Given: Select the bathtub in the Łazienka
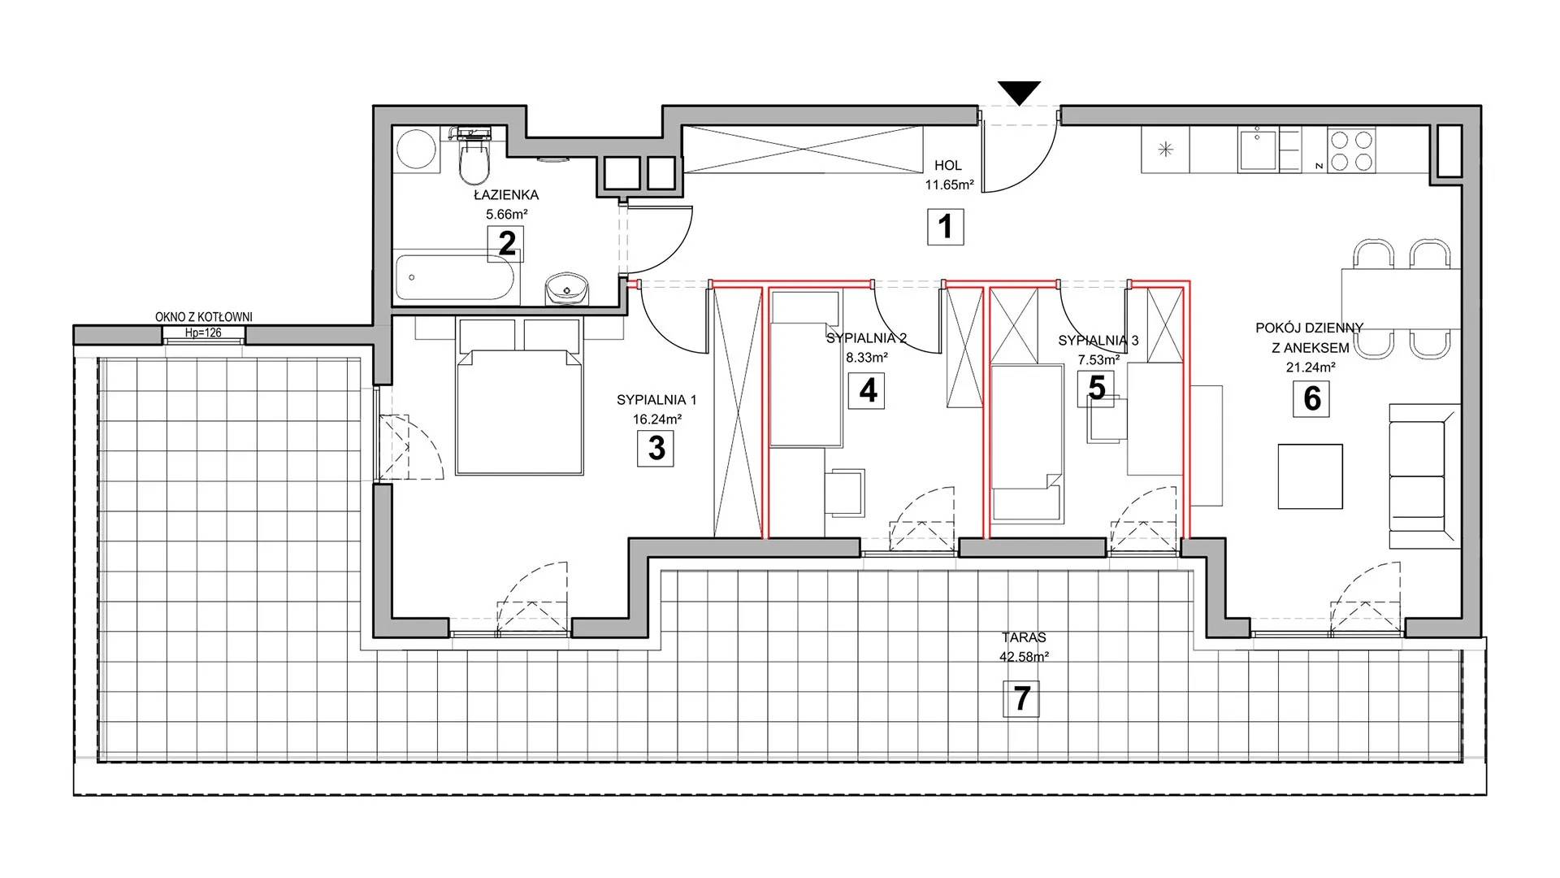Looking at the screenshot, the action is coord(455,279).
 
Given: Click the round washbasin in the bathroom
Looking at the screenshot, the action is coord(566,288).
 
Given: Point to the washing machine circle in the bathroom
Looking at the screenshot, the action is coord(418,149).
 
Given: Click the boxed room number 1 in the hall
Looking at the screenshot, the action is coord(945,227).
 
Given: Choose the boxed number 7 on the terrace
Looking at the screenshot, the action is coord(1021,699).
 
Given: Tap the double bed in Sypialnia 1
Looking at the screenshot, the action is coord(519,397).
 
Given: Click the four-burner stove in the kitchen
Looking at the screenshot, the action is coord(1351,150).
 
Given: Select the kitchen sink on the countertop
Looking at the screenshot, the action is coord(1257,150).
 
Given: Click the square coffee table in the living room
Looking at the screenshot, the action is coord(1310,476).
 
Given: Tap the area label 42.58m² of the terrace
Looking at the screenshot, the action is coord(1024,658).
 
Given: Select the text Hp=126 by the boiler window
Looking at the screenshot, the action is coord(203,333).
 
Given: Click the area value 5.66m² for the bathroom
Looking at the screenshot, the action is coord(507,215).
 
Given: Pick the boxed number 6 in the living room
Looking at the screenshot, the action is coord(1312,399).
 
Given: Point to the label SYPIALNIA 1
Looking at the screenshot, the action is coord(656,400).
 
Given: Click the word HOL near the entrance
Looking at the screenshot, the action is coord(948,165).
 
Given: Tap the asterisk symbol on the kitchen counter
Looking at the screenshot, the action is coord(1166,150).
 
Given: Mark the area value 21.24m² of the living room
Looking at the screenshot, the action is coord(1310,367).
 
